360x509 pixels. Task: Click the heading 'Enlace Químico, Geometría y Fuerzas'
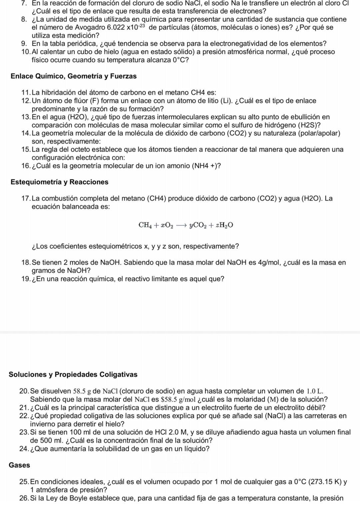(74, 76)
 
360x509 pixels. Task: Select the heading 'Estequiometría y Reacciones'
(59, 182)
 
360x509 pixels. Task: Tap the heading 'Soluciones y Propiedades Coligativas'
(73, 374)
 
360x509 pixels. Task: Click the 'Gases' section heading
(19, 465)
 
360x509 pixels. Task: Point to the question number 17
(26, 198)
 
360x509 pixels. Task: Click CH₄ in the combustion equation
(145, 225)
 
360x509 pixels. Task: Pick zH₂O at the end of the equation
(224, 225)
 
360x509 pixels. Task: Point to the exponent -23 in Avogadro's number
(141, 26)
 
